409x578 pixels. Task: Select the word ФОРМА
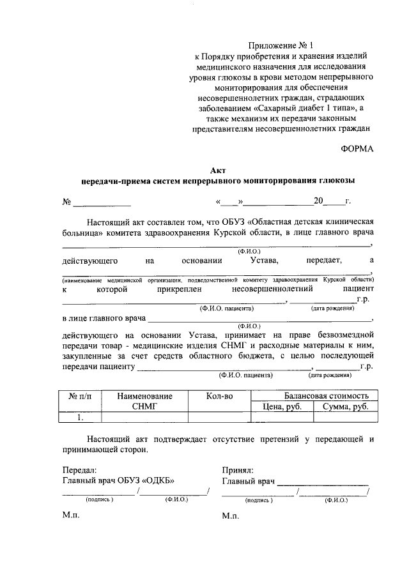point(356,149)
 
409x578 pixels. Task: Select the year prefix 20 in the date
point(318,201)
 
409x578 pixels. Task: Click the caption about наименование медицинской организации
point(218,280)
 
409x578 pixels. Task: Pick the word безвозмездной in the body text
point(341,334)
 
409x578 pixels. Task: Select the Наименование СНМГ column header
point(144,401)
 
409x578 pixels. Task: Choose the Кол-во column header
point(219,396)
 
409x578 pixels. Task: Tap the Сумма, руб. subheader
point(345,407)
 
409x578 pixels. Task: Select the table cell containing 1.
point(79,418)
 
